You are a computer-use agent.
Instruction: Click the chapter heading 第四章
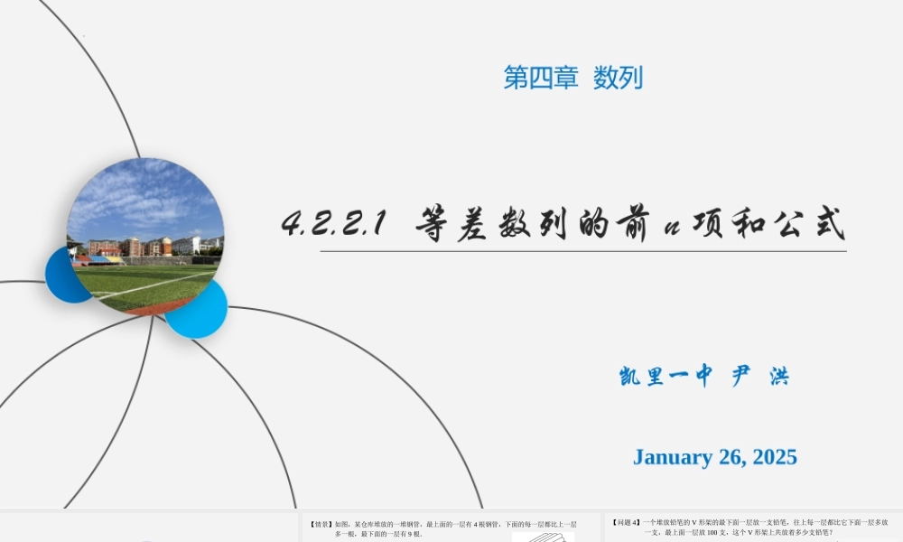coord(540,79)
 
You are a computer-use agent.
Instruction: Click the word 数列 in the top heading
coord(619,79)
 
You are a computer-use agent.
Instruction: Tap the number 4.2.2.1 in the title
coord(335,222)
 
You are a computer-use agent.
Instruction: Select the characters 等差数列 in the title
coord(492,223)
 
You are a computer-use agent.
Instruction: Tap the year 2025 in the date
coord(772,457)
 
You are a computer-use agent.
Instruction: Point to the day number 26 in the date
coord(730,457)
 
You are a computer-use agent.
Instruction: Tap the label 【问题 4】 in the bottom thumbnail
coord(626,522)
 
